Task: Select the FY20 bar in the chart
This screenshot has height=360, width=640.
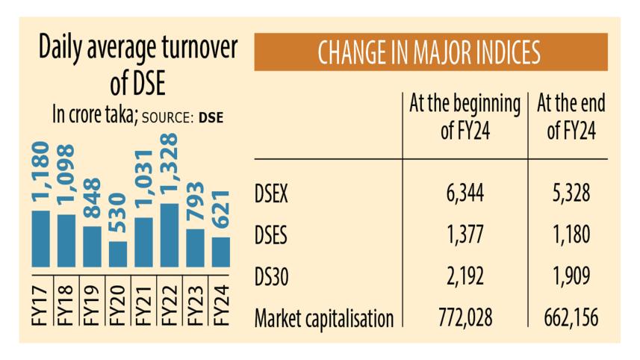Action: pos(118,254)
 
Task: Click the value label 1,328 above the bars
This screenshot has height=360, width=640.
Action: pos(169,166)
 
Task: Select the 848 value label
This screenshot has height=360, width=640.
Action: pos(92,199)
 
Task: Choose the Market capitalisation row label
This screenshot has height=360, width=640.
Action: pos(323,320)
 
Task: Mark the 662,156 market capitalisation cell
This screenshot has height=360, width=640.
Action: pos(570,320)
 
